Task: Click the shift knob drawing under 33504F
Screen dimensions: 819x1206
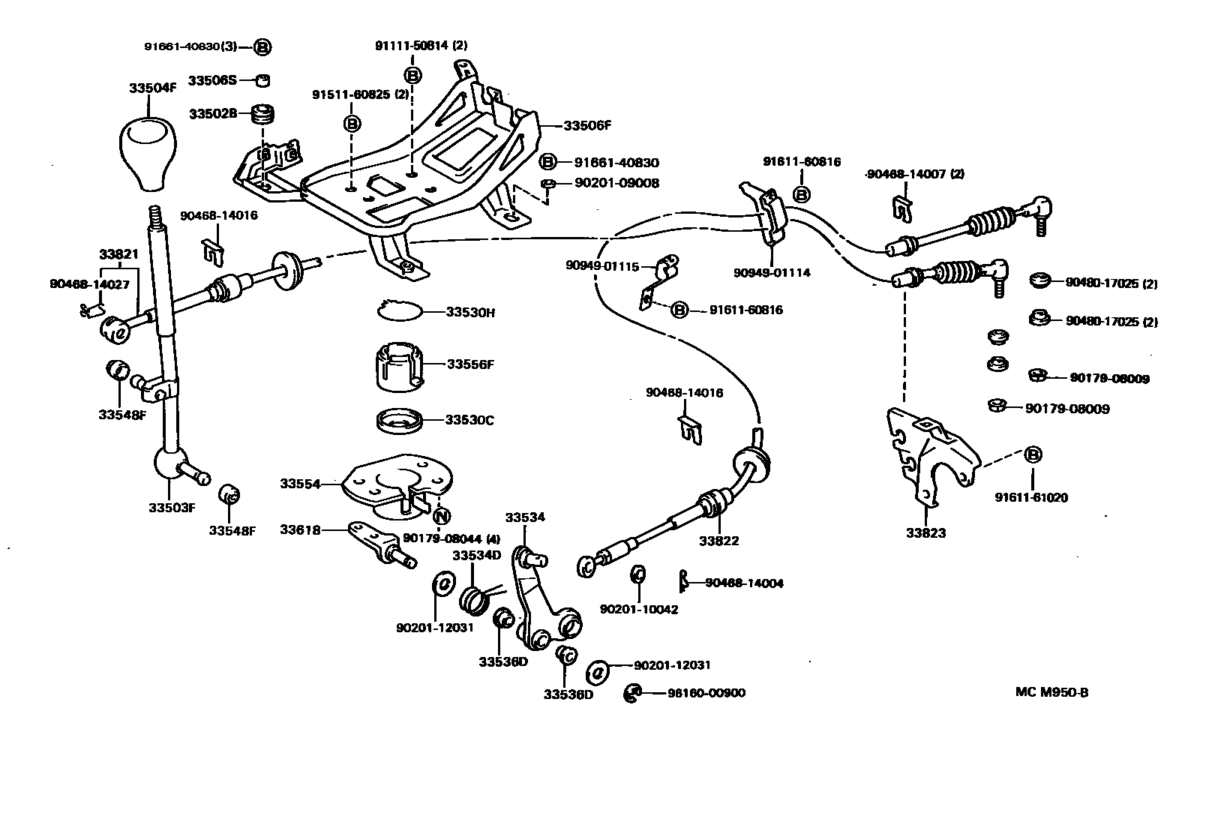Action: click(149, 154)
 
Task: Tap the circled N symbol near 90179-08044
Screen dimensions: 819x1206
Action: click(442, 516)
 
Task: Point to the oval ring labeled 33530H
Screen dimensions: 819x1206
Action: click(399, 310)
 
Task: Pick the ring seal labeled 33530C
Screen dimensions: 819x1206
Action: click(399, 420)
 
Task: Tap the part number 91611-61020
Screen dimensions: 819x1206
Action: click(1031, 497)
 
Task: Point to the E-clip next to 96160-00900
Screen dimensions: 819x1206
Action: click(632, 693)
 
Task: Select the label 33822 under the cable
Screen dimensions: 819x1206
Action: click(718, 540)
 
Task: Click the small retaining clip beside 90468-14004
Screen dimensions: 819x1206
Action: click(683, 581)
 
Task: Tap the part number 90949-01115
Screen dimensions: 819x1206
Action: click(602, 265)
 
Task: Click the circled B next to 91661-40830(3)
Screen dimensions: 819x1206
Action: click(262, 46)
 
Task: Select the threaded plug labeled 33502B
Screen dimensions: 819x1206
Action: click(262, 114)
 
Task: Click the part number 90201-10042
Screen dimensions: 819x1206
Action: click(638, 609)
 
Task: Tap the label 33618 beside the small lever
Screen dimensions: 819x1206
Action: click(300, 529)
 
